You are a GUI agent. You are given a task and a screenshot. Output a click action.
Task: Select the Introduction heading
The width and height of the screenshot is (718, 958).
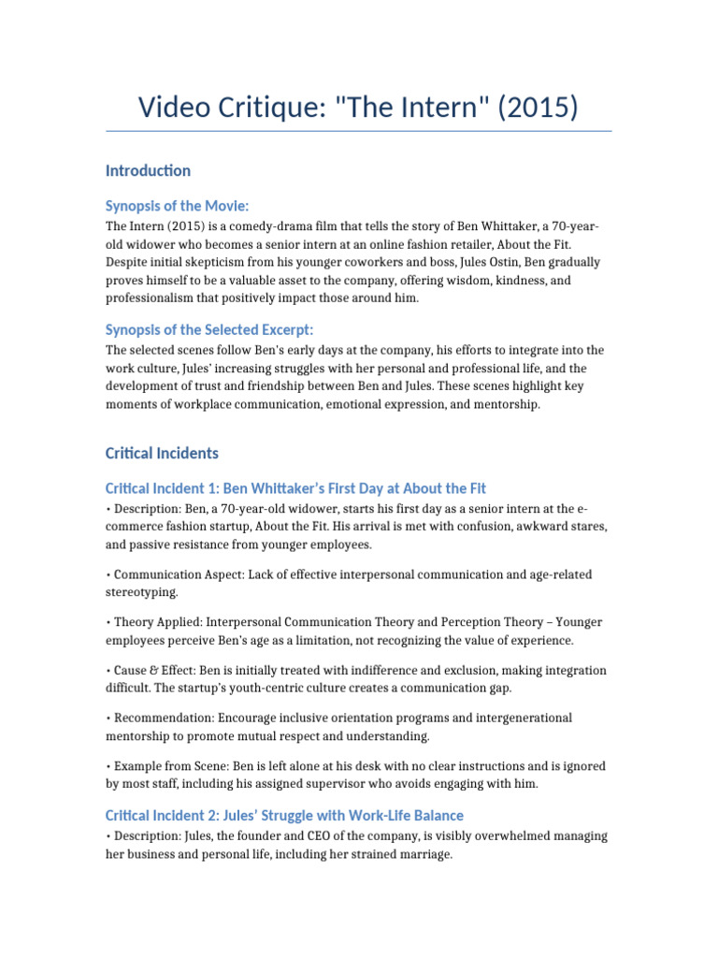click(148, 170)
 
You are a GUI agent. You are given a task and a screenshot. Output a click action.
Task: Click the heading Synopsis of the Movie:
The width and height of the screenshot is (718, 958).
click(177, 206)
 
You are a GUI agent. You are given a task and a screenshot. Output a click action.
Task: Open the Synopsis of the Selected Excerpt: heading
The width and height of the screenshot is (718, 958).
click(209, 329)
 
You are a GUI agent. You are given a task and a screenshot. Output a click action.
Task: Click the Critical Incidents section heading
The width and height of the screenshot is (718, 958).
click(162, 453)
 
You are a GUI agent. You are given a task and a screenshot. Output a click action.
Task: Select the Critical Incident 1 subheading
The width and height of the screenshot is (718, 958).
click(295, 488)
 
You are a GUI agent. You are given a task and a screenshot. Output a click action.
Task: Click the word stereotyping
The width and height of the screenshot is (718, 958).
click(143, 592)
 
